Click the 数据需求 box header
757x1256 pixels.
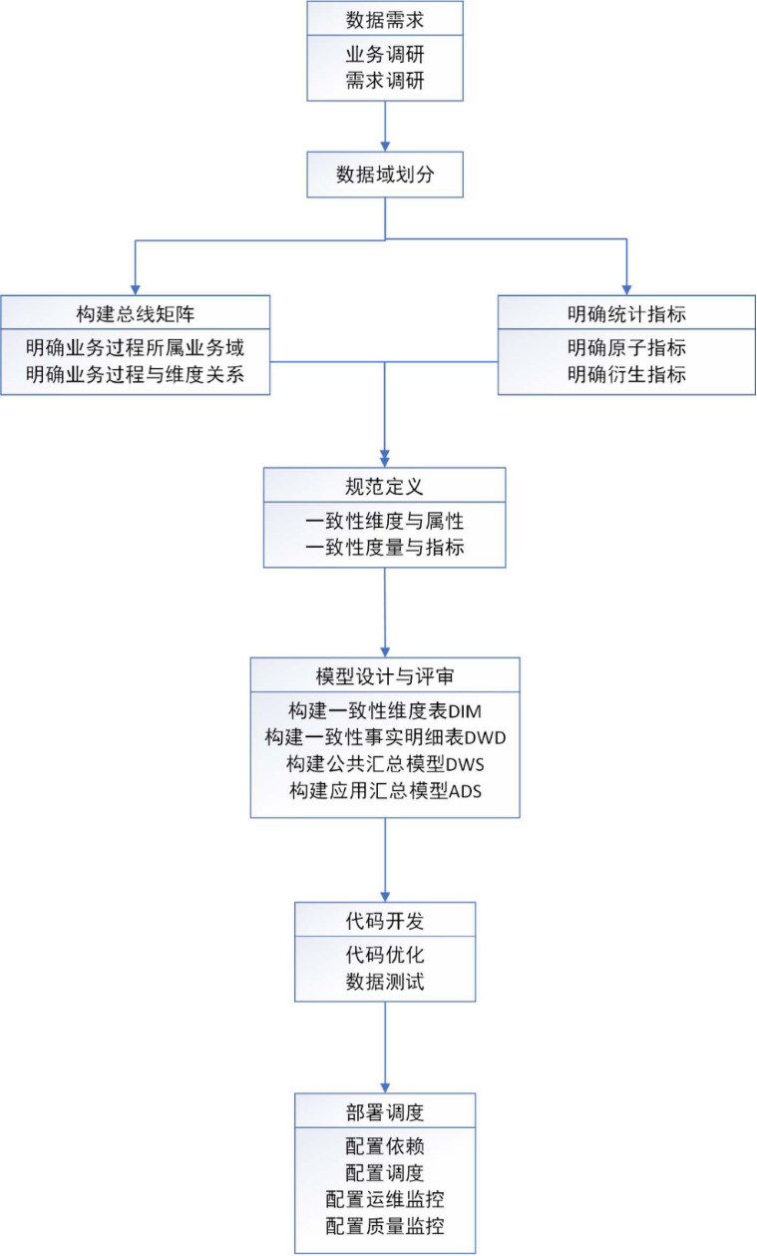pyautogui.click(x=385, y=18)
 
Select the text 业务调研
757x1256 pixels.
pyautogui.click(x=385, y=56)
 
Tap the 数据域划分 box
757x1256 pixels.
pyautogui.click(x=385, y=175)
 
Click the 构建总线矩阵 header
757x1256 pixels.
pyautogui.click(x=135, y=313)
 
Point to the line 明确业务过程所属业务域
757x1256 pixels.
pyautogui.click(x=135, y=349)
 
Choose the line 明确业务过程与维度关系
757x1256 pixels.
pyautogui.click(x=135, y=375)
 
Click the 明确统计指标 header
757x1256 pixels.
pyautogui.click(x=626, y=313)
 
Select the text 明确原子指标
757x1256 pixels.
pyautogui.click(x=626, y=349)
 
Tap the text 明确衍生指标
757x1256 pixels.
pyautogui.click(x=626, y=375)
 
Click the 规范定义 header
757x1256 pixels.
pyautogui.click(x=385, y=486)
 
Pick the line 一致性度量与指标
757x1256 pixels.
pyautogui.click(x=385, y=547)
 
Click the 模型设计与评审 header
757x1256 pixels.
pyautogui.click(x=385, y=675)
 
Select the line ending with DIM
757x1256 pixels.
pyautogui.click(x=385, y=711)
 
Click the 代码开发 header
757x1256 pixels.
pyautogui.click(x=385, y=920)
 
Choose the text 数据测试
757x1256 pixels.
pyautogui.click(x=385, y=982)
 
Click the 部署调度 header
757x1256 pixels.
pyautogui.click(x=385, y=1110)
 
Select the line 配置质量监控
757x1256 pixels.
pyautogui.click(x=385, y=1226)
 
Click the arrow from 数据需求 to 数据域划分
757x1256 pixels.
pyautogui.click(x=385, y=126)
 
